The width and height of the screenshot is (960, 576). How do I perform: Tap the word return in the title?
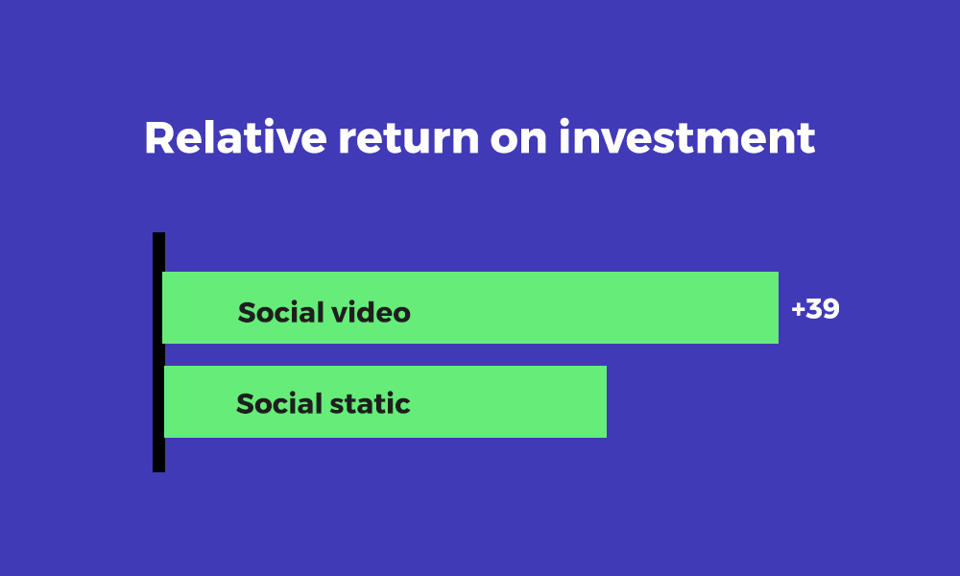[x=408, y=138]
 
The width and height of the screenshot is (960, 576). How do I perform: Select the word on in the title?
[x=518, y=139]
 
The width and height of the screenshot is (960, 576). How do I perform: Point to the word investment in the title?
[x=687, y=136]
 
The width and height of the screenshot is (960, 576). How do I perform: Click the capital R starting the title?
[x=159, y=137]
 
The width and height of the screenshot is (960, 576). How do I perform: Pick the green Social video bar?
[x=470, y=307]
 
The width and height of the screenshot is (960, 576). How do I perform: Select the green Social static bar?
[x=385, y=401]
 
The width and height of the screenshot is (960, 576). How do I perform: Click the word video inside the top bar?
[x=371, y=312]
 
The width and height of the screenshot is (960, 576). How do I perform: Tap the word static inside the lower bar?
[x=371, y=403]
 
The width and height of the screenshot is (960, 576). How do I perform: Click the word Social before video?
[x=280, y=312]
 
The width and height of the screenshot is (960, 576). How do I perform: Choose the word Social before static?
[x=279, y=403]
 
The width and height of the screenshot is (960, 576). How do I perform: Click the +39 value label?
[x=815, y=308]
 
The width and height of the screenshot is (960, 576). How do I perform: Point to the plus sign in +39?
[x=797, y=309]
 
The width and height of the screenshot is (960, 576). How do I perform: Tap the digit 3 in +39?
[x=814, y=308]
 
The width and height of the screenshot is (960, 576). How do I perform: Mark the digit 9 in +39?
[x=831, y=308]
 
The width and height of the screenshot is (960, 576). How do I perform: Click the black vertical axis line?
[x=158, y=352]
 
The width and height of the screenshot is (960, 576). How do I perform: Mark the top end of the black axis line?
[x=158, y=233]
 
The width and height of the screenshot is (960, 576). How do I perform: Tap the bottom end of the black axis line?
[x=158, y=471]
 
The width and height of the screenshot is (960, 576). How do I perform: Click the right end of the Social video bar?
[x=778, y=307]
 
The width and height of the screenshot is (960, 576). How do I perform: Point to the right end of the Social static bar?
[x=606, y=401]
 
